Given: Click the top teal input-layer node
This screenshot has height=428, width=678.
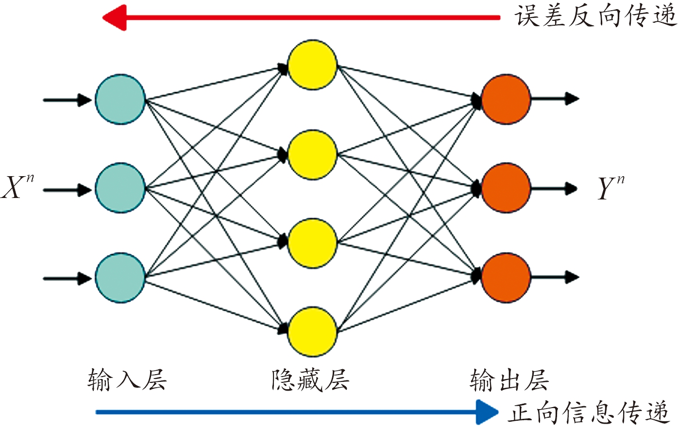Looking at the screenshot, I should pyautogui.click(x=120, y=99).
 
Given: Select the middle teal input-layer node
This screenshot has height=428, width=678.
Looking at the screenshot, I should pyautogui.click(x=120, y=188).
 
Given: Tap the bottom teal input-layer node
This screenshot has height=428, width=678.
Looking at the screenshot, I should pyautogui.click(x=120, y=278).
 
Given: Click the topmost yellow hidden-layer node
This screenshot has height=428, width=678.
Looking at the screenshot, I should pyautogui.click(x=312, y=65).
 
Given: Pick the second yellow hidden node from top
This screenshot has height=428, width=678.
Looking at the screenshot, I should pyautogui.click(x=312, y=154).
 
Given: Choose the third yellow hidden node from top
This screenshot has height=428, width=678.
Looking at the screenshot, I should pyautogui.click(x=312, y=243).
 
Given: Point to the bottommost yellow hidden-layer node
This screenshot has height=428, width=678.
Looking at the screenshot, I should pyautogui.click(x=312, y=332).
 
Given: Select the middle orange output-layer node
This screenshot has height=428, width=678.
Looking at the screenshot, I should pyautogui.click(x=506, y=188).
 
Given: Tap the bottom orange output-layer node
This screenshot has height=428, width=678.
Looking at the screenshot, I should pyautogui.click(x=506, y=278).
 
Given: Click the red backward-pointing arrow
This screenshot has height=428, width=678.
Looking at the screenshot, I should pyautogui.click(x=301, y=18).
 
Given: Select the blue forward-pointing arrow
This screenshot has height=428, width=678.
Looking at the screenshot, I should pyautogui.click(x=296, y=412).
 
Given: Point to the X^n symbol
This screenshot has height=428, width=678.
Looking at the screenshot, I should pyautogui.click(x=17, y=187).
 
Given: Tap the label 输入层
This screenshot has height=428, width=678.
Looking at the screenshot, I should pyautogui.click(x=127, y=380).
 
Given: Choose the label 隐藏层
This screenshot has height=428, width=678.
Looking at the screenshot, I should pyautogui.click(x=310, y=380).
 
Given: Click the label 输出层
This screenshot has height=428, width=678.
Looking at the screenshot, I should pyautogui.click(x=509, y=380).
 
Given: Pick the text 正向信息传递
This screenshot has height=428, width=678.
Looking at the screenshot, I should pyautogui.click(x=589, y=412).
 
